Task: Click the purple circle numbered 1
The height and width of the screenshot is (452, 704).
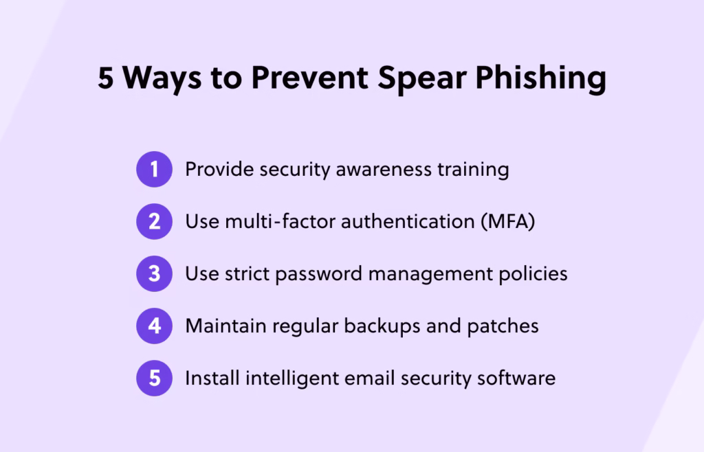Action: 154,169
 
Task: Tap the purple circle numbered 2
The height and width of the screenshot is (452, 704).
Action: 154,221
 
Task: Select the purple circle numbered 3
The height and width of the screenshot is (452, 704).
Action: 154,273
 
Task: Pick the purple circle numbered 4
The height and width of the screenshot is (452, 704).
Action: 154,326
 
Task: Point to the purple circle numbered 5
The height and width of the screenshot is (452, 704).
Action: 154,378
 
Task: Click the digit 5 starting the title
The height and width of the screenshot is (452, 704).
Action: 106,78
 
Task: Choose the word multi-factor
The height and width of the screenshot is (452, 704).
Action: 272,221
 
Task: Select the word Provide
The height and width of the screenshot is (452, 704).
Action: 219,169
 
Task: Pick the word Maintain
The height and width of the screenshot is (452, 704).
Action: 225,326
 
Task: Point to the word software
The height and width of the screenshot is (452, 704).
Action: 518,378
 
